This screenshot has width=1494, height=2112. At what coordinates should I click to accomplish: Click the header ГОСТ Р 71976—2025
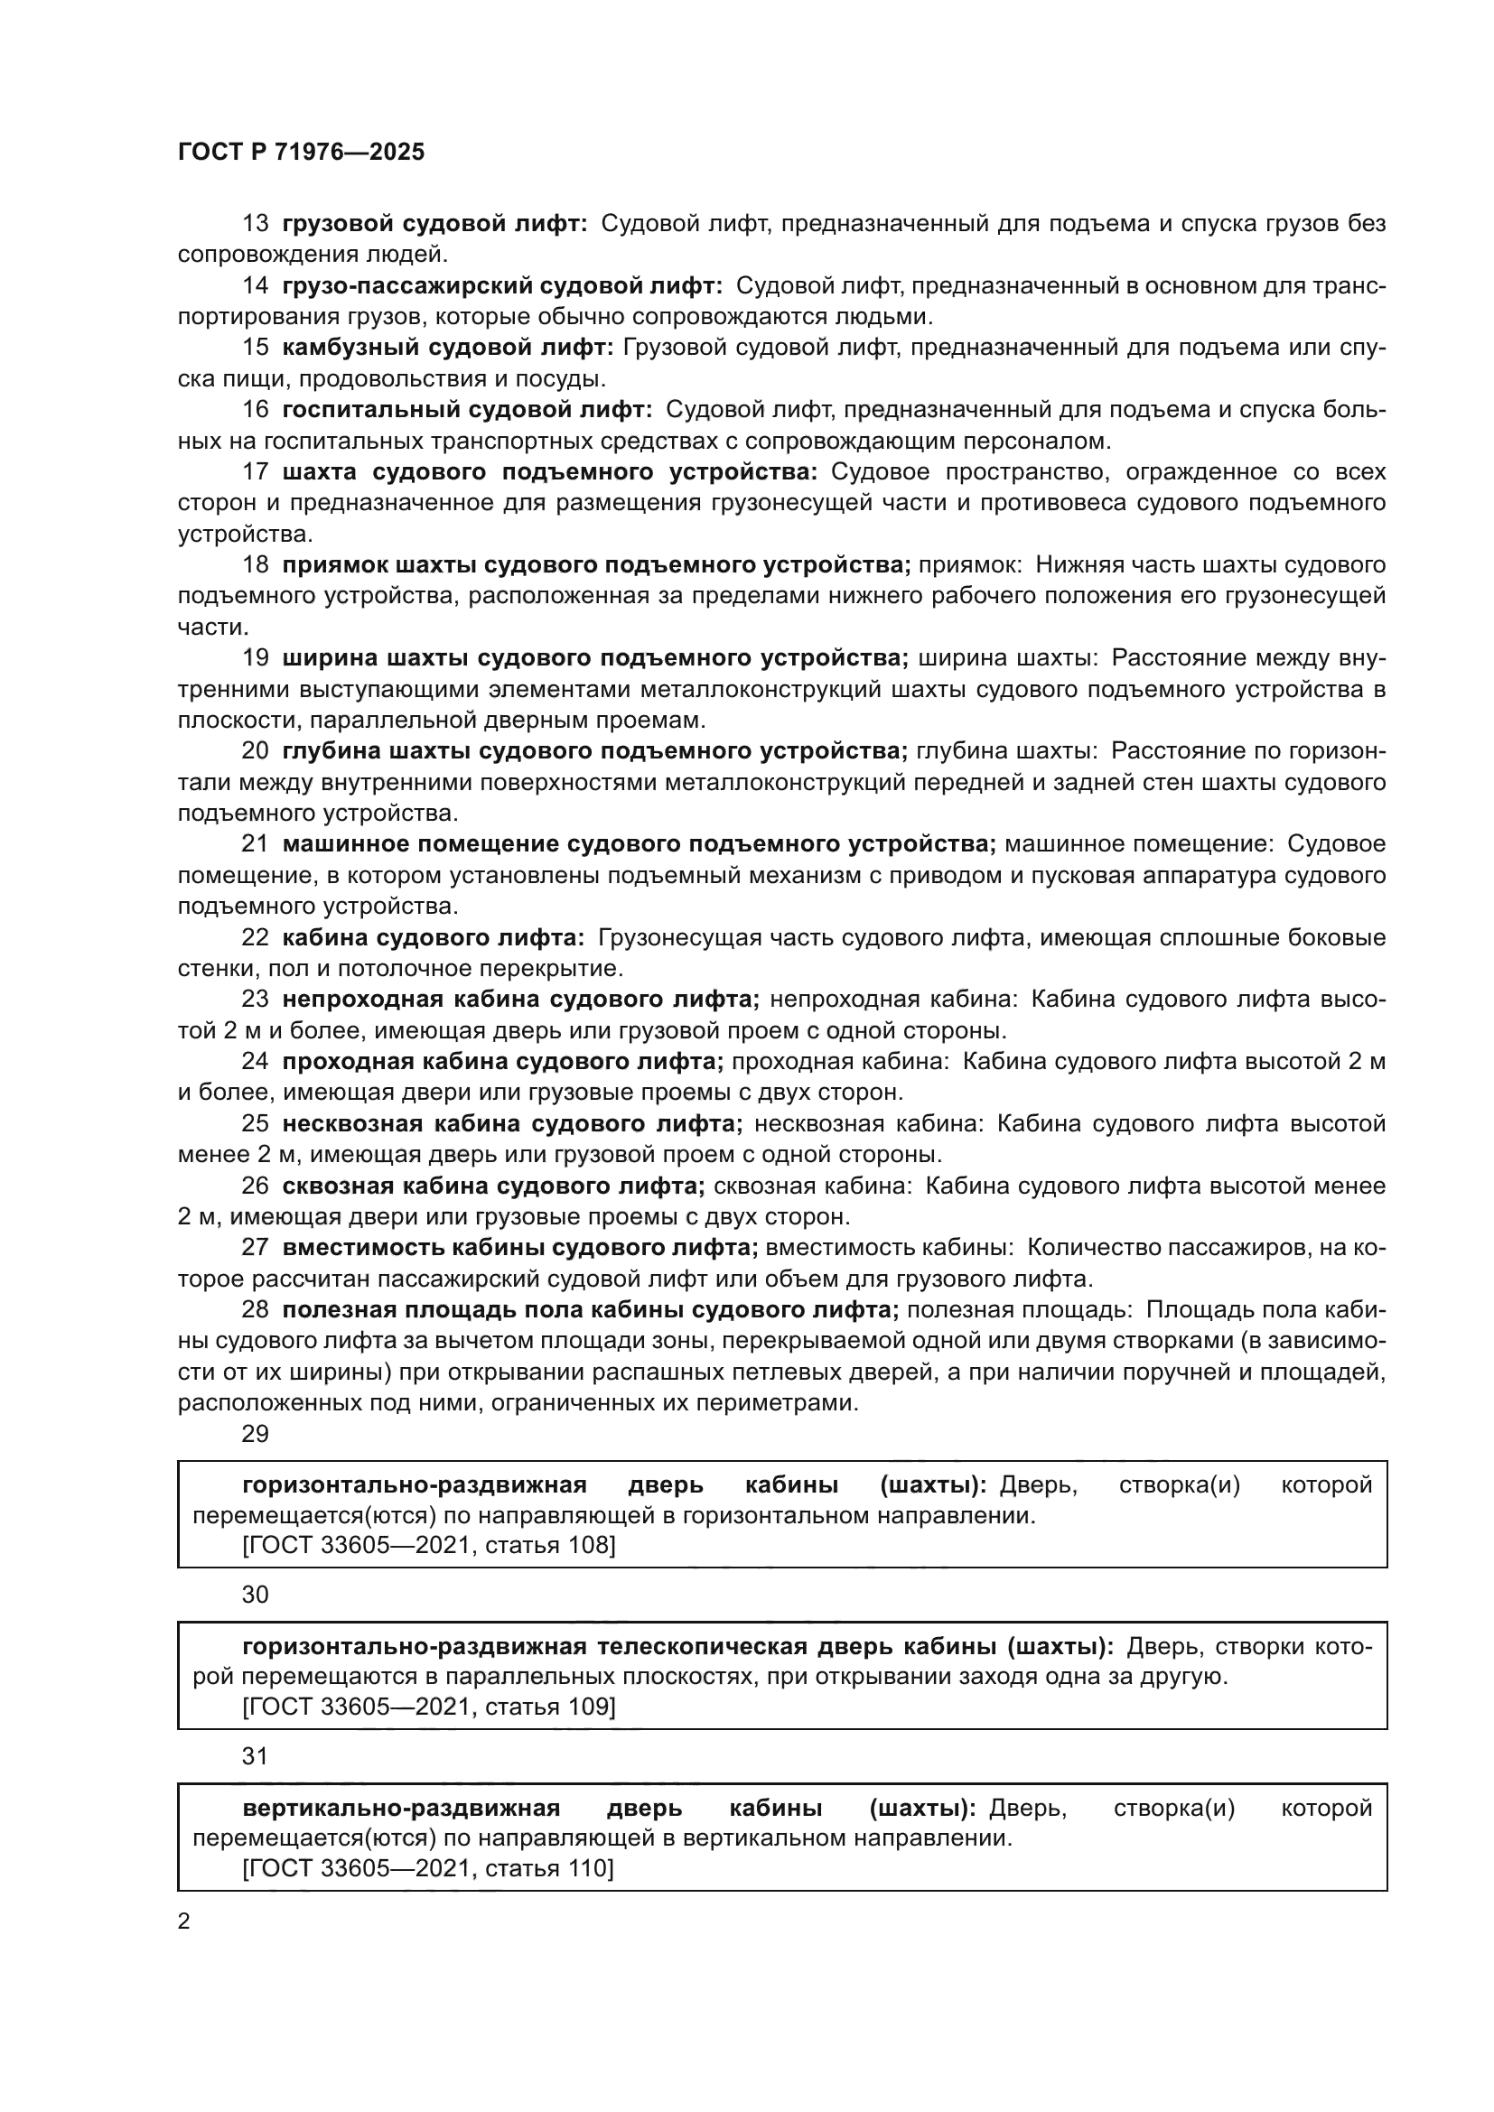301,152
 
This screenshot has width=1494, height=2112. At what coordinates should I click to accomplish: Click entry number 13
255,224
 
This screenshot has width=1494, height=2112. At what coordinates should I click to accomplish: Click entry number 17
255,472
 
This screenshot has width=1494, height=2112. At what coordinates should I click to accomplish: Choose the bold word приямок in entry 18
332,564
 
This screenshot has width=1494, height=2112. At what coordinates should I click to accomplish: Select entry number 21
255,843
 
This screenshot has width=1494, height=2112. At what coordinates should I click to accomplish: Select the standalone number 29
255,1434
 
